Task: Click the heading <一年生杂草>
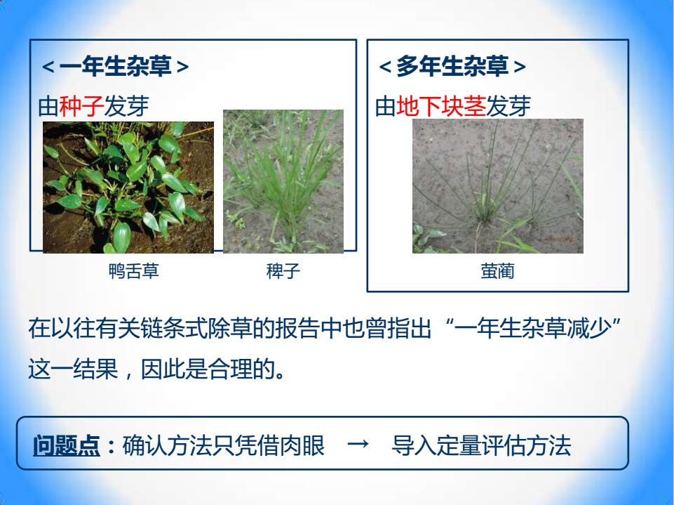(115, 67)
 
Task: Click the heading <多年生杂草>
(452, 67)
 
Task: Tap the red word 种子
(81, 106)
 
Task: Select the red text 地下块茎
(441, 106)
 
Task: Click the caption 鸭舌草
(134, 271)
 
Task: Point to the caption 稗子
(283, 271)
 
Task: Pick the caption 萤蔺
(497, 271)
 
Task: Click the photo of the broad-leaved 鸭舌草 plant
(128, 188)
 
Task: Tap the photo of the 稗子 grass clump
(283, 181)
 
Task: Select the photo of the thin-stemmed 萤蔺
(498, 186)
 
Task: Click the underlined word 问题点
(67, 445)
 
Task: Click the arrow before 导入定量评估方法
(358, 443)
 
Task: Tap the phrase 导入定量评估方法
(481, 445)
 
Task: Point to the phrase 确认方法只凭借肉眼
(224, 445)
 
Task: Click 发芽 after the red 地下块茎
(508, 106)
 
